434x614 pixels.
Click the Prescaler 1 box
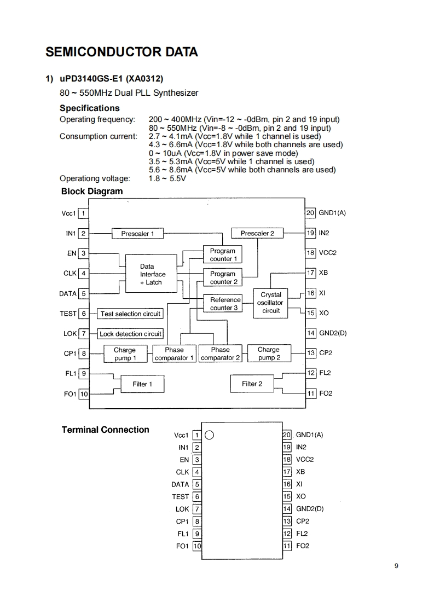click(137, 234)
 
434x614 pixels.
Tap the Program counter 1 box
click(223, 255)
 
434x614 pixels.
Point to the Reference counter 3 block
click(225, 304)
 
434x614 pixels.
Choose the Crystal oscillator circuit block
click(270, 303)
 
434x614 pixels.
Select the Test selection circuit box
click(130, 314)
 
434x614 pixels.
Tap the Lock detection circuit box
click(130, 334)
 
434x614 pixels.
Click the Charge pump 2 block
click(268, 354)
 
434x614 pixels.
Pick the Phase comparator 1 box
click(174, 354)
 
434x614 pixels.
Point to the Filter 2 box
click(252, 384)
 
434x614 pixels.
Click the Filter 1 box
click(142, 384)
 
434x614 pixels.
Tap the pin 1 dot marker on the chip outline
click(209, 436)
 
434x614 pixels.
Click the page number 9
click(396, 566)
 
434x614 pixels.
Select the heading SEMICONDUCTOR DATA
click(122, 53)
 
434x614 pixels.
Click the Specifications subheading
click(89, 108)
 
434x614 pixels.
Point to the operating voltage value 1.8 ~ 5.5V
click(167, 178)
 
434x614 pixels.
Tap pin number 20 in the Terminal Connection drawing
click(286, 435)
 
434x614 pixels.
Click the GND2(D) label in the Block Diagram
click(333, 333)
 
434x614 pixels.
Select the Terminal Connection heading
click(105, 430)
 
